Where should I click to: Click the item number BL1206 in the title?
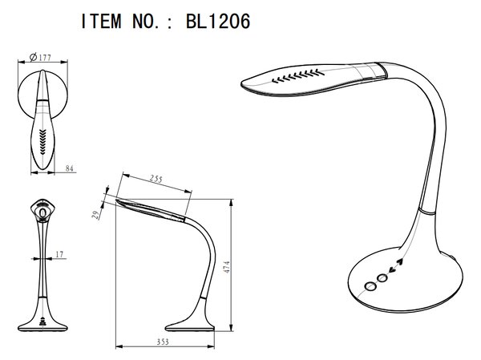(218, 21)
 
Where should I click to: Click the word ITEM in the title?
(101, 21)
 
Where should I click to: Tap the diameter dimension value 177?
(45, 58)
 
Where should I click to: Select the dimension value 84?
(70, 168)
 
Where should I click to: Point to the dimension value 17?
(59, 254)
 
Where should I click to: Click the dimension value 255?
(156, 179)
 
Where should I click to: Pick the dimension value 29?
(96, 215)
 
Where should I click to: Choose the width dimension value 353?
(163, 342)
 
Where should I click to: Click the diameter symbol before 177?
(34, 57)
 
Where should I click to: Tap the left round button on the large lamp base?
(370, 286)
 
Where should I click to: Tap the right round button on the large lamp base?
(382, 278)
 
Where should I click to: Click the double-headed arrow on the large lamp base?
(396, 266)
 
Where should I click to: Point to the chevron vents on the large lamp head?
(298, 76)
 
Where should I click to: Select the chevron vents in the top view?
(42, 142)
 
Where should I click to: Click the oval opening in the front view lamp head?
(42, 212)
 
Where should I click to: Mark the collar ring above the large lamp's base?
(426, 212)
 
